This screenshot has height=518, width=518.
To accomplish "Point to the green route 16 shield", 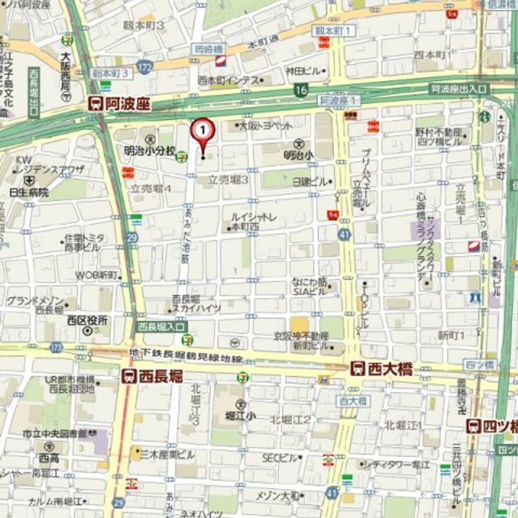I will [x=300, y=90].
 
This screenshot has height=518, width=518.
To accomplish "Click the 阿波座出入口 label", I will [x=458, y=89].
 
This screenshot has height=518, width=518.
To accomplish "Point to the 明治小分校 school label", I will [x=150, y=151].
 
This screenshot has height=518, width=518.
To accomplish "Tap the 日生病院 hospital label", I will [x=29, y=192].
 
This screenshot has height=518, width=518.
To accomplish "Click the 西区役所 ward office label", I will [x=87, y=321].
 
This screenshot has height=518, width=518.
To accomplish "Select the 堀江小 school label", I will [x=240, y=415].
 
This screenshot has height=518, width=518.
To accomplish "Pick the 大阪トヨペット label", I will [x=266, y=125].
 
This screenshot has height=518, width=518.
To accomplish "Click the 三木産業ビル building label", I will [x=167, y=454].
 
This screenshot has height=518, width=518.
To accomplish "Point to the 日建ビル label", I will [x=309, y=181].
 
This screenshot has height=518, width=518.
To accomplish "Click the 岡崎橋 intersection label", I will [x=209, y=48].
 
